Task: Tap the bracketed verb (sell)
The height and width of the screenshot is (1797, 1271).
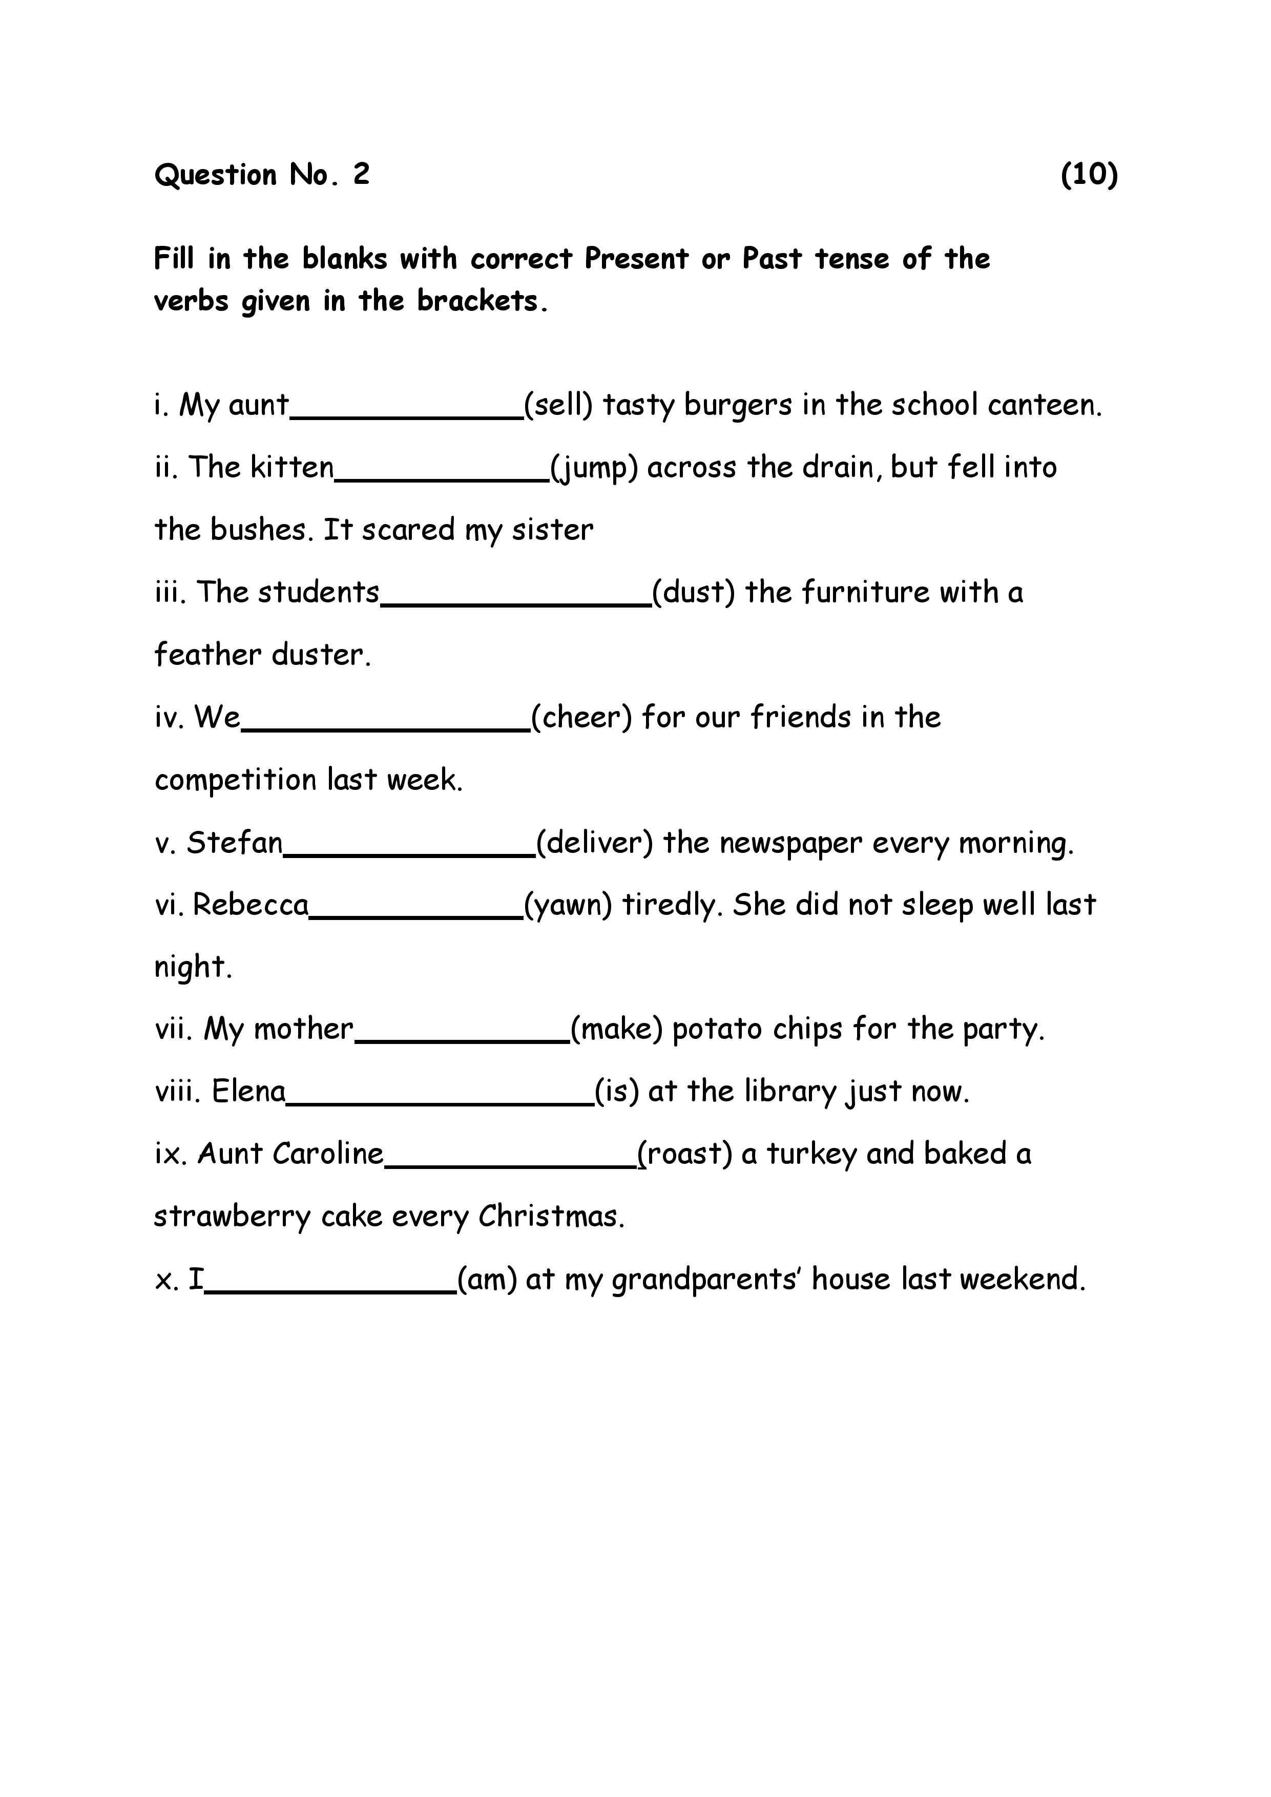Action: point(558,405)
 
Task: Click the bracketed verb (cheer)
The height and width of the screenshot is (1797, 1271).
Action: point(581,718)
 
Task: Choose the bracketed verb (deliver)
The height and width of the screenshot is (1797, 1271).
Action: point(595,843)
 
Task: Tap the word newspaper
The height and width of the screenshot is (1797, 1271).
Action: point(790,844)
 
